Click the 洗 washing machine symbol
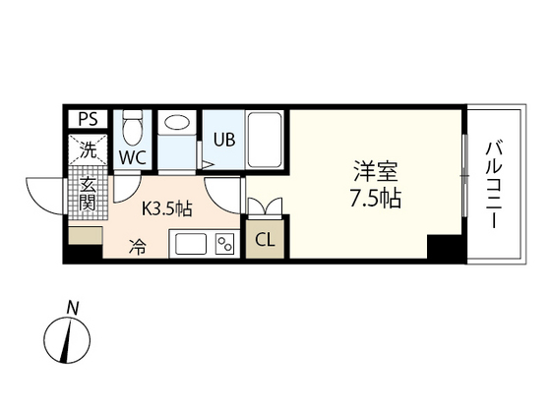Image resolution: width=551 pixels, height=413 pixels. pyautogui.click(x=88, y=150)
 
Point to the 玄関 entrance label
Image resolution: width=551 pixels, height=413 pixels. pyautogui.click(x=88, y=195)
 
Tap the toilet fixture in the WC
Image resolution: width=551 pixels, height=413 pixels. pyautogui.click(x=132, y=127)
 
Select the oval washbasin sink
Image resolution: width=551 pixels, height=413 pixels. pyautogui.click(x=178, y=123)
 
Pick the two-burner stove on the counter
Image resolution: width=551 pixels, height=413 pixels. pyautogui.click(x=223, y=244)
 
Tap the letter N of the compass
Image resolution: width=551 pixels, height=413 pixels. pyautogui.click(x=72, y=308)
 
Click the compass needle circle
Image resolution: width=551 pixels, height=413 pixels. pyautogui.click(x=69, y=340)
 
